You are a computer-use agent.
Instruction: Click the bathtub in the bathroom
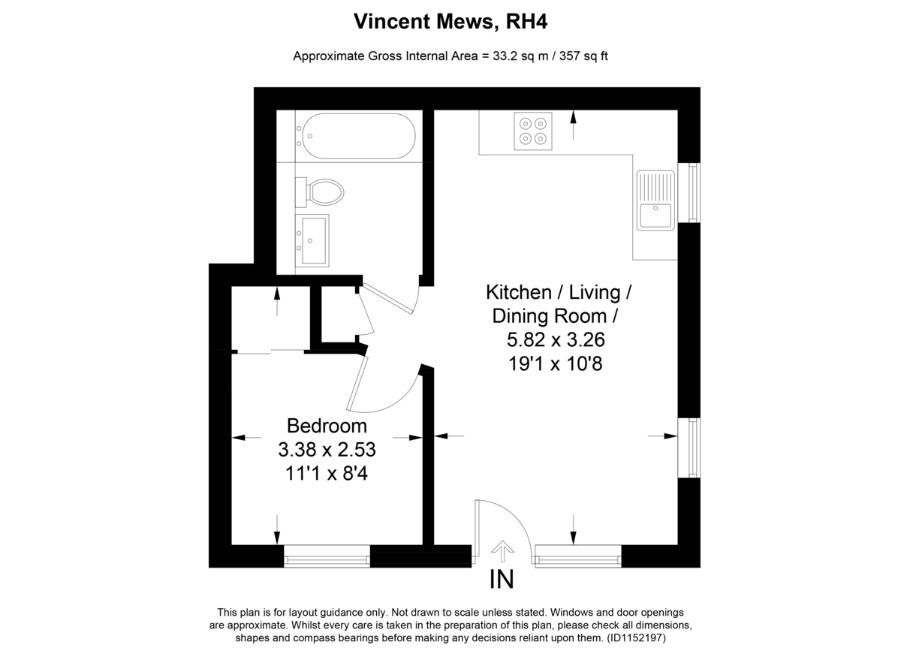click(359, 136)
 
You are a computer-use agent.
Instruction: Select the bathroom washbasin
click(312, 240)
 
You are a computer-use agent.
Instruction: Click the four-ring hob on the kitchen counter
click(533, 131)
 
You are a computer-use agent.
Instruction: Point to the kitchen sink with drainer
click(655, 200)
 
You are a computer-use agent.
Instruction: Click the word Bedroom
click(327, 426)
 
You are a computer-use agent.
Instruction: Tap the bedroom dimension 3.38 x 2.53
click(327, 450)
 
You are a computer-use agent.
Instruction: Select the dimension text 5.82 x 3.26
click(556, 339)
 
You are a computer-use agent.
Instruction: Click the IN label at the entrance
click(502, 580)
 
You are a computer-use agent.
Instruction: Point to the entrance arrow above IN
click(502, 551)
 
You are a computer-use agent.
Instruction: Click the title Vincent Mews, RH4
click(450, 21)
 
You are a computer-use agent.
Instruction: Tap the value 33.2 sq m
click(521, 56)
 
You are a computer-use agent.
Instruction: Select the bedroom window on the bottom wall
click(327, 556)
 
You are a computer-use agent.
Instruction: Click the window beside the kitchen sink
click(689, 192)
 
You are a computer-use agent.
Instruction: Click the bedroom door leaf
click(357, 384)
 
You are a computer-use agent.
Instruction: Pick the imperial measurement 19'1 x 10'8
click(556, 363)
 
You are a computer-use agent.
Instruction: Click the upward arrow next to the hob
click(573, 125)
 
